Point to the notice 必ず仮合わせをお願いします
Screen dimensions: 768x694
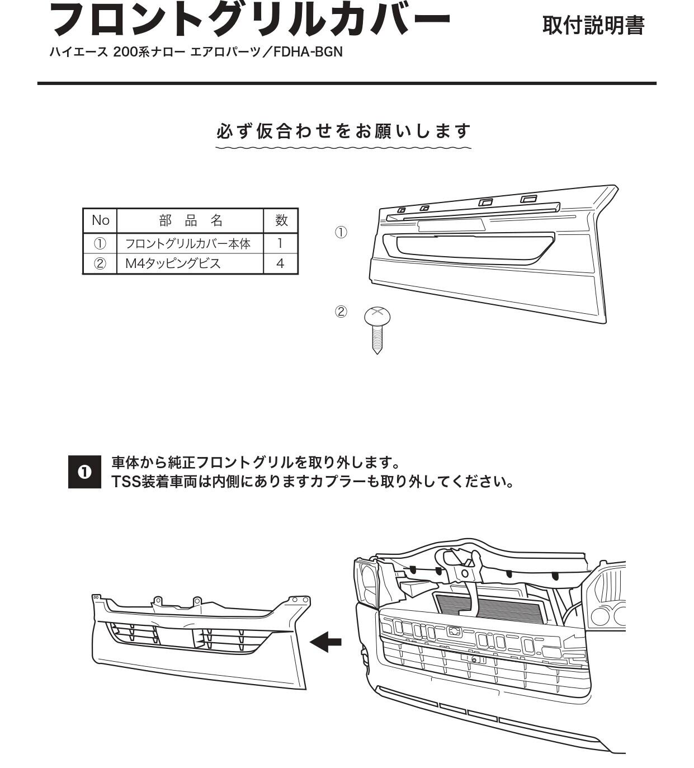343,131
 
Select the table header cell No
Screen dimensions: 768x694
100,220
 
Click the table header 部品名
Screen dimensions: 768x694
190,220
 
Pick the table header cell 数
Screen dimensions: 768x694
281,220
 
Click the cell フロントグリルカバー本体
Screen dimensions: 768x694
187,243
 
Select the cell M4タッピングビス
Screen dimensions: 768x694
173,263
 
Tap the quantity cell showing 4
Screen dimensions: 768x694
281,263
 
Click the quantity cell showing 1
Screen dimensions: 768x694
281,243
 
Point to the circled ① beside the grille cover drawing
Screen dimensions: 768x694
341,232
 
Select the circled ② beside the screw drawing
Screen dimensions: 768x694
341,312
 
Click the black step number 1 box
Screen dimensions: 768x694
84,472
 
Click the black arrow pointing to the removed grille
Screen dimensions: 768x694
325,641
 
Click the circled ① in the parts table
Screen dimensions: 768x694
100,243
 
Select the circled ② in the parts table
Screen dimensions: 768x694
100,263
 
